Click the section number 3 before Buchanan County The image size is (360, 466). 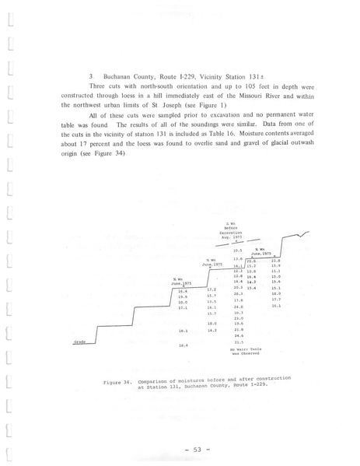click(92, 77)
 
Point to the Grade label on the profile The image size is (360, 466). click(79, 341)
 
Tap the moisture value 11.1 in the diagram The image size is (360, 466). click(276, 271)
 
